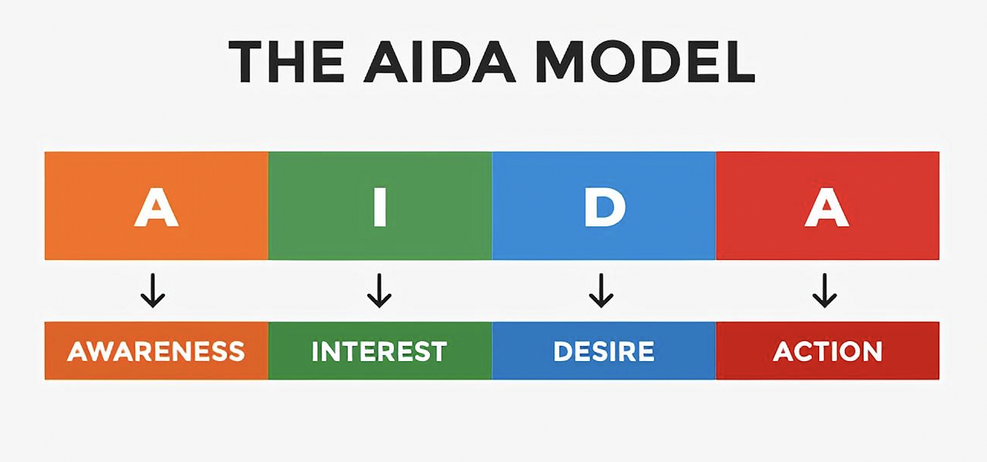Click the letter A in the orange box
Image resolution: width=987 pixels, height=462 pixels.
pos(156,207)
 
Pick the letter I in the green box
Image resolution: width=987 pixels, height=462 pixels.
pos(380,207)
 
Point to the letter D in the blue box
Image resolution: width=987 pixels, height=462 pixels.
pos(604,207)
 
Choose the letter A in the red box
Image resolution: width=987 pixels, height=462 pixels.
pos(827,207)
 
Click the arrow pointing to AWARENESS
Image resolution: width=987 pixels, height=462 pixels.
pos(152,291)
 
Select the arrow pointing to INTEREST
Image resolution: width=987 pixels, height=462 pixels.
pos(379,291)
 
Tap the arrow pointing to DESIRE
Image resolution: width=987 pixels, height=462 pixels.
pos(601,291)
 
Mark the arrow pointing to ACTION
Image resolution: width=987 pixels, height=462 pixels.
pos(824,291)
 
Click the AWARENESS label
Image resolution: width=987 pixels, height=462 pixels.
pos(156,351)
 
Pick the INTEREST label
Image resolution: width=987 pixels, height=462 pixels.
pos(379,351)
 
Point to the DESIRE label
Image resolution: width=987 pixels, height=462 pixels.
pos(603,351)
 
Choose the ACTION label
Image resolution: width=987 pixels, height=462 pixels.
pos(828,351)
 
